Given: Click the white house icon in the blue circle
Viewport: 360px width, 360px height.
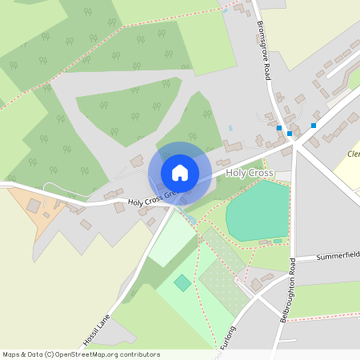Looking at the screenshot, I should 180,172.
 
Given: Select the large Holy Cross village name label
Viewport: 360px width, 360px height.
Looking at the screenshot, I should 250,173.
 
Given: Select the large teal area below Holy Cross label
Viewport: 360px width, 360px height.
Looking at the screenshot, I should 257,210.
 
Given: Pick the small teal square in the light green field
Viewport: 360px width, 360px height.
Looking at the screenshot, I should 183,282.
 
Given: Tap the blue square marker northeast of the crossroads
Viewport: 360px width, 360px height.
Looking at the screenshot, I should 314,126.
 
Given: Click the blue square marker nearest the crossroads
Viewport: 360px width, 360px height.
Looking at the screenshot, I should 290,134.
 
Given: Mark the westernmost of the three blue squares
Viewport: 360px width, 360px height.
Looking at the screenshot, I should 278,128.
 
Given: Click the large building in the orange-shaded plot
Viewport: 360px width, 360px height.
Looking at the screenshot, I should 34,206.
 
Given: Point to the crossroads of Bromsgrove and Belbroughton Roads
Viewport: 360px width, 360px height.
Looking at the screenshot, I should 296,144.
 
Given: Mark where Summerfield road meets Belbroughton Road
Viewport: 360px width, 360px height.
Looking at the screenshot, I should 294,259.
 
